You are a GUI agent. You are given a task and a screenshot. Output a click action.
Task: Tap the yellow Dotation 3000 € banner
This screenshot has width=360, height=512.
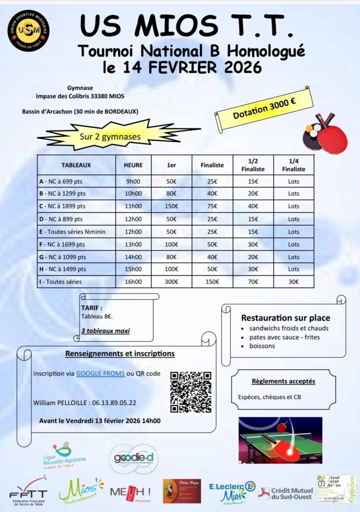coord(264,108)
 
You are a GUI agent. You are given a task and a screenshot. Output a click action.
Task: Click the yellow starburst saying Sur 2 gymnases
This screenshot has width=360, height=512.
coord(110,135)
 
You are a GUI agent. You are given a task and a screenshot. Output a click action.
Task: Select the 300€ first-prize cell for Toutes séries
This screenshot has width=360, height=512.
coord(171,282)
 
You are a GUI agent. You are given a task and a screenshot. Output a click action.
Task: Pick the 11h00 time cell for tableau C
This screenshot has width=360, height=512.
coord(133,206)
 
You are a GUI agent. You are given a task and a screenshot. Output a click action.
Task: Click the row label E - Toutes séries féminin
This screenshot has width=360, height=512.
coord(73,231)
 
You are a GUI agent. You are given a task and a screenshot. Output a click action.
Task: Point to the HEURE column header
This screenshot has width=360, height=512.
coord(133,164)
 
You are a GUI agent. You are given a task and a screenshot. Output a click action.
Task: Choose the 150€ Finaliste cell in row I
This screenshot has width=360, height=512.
coord(211,282)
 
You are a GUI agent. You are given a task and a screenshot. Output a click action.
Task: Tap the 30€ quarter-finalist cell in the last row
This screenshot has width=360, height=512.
coord(293,282)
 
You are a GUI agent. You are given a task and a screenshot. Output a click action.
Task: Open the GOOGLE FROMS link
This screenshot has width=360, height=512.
coord(100,373)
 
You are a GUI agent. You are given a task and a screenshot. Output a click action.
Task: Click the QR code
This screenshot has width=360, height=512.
coord(190,392)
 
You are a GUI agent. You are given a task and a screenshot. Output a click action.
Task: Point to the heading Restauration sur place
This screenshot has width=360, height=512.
coord(285,318)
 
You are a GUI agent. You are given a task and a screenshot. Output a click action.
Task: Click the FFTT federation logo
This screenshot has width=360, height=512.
coord(28,491)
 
